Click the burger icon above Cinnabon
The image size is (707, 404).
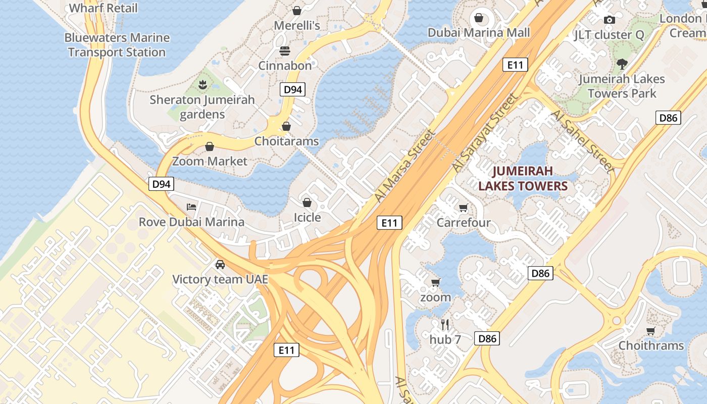285,50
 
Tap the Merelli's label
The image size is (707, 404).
297,25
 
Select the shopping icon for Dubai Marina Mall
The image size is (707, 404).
479,18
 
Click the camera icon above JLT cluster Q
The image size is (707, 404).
610,20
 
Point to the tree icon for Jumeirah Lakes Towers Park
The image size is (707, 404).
622,64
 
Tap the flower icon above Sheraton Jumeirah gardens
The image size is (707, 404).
203,84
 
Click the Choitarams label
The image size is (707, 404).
286,141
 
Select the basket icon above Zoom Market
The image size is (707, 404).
210,146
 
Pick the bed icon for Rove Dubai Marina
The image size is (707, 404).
191,207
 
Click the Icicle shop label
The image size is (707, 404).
307,217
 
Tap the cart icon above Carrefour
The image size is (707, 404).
464,208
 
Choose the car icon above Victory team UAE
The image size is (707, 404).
220,264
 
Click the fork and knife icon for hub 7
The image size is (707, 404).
445,324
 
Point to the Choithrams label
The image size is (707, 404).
651,345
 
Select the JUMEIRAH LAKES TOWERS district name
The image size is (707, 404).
523,178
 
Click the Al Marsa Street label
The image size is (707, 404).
405,166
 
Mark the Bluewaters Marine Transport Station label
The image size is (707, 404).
117,45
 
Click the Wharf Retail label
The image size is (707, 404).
103,8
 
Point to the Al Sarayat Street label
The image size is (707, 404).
485,132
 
